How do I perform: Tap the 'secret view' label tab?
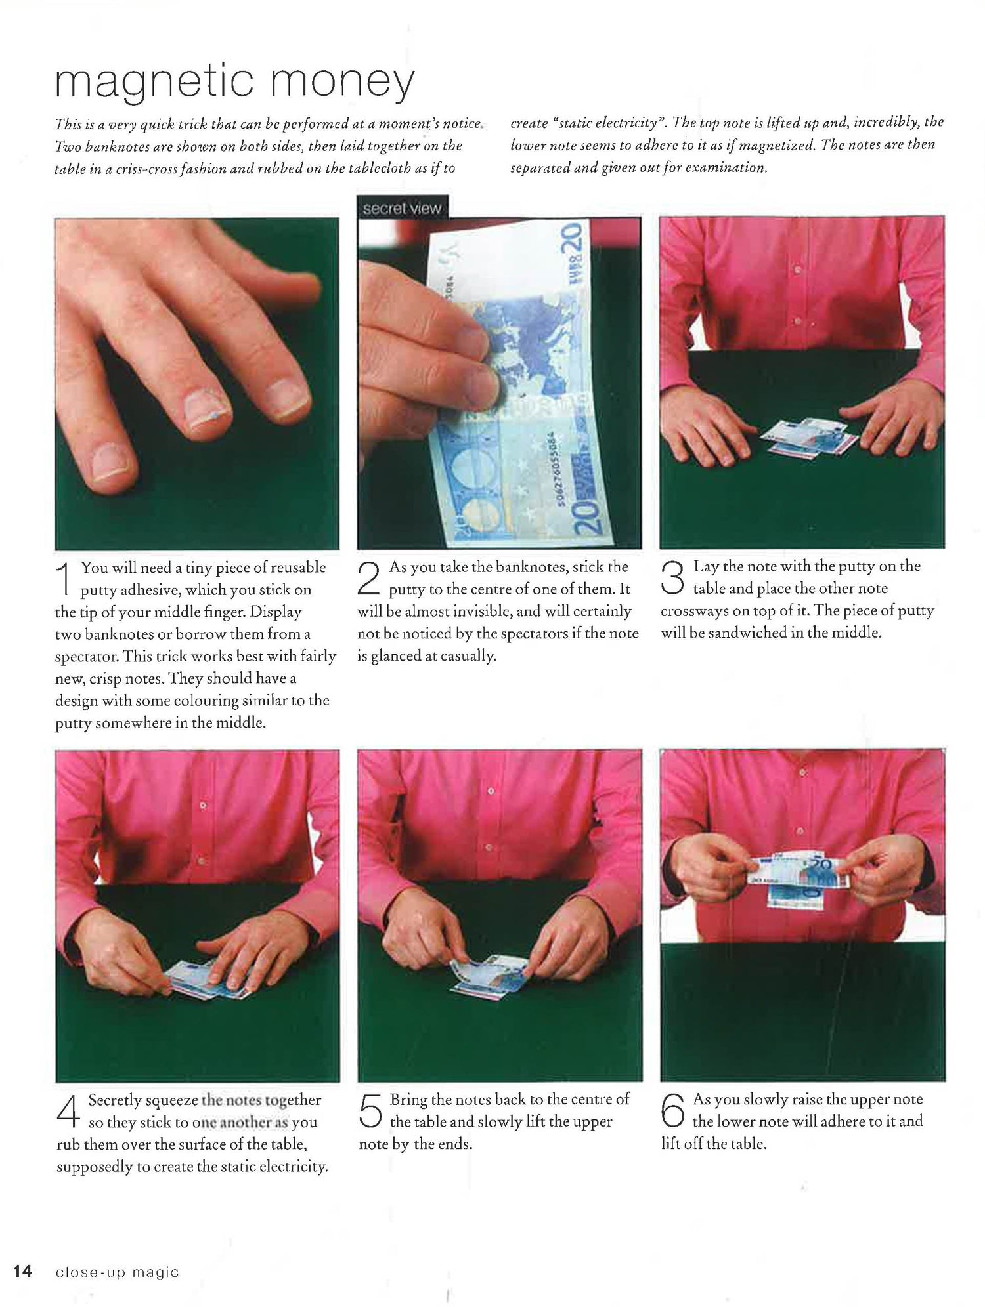click(402, 208)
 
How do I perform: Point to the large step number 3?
click(672, 578)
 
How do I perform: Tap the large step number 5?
click(371, 1111)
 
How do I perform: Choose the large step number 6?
click(672, 1111)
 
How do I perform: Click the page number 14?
click(22, 1272)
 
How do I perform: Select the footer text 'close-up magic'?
click(117, 1272)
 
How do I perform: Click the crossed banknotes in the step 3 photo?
click(810, 438)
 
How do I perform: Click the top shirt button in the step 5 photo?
click(490, 792)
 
